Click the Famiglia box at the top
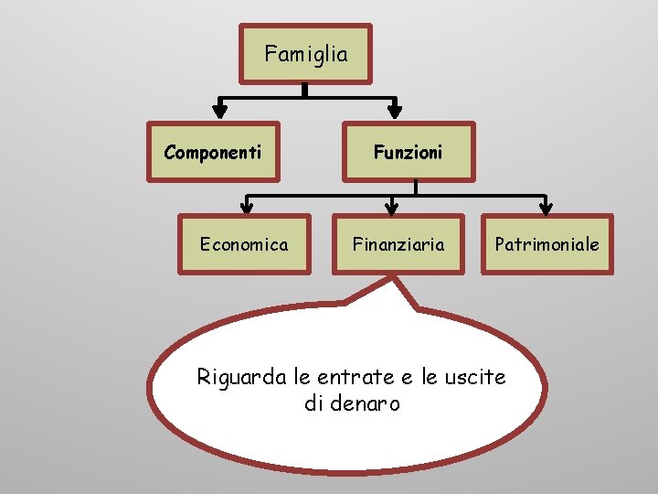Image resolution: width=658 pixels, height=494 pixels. pos(305,54)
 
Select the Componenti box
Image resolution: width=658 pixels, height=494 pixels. pos(212,152)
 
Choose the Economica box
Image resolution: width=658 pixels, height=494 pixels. pos(244,244)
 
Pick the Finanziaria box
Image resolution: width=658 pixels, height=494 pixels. pos(399,244)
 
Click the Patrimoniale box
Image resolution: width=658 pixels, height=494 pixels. pos(547,244)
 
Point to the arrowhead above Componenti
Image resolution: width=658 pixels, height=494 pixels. pos(219,109)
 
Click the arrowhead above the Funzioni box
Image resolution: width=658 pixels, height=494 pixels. pos(395,109)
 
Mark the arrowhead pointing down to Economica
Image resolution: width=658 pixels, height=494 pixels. pos(248,204)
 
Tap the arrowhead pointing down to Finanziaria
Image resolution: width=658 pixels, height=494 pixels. pos(392,204)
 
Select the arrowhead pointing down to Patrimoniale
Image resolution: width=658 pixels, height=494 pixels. pos(545,204)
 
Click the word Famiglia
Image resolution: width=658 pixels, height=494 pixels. pos(305,54)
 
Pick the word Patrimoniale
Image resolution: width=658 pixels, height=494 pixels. pos(547,244)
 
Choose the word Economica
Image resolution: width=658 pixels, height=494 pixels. pos(244,244)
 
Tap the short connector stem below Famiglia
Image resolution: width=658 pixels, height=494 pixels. pos(305,91)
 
